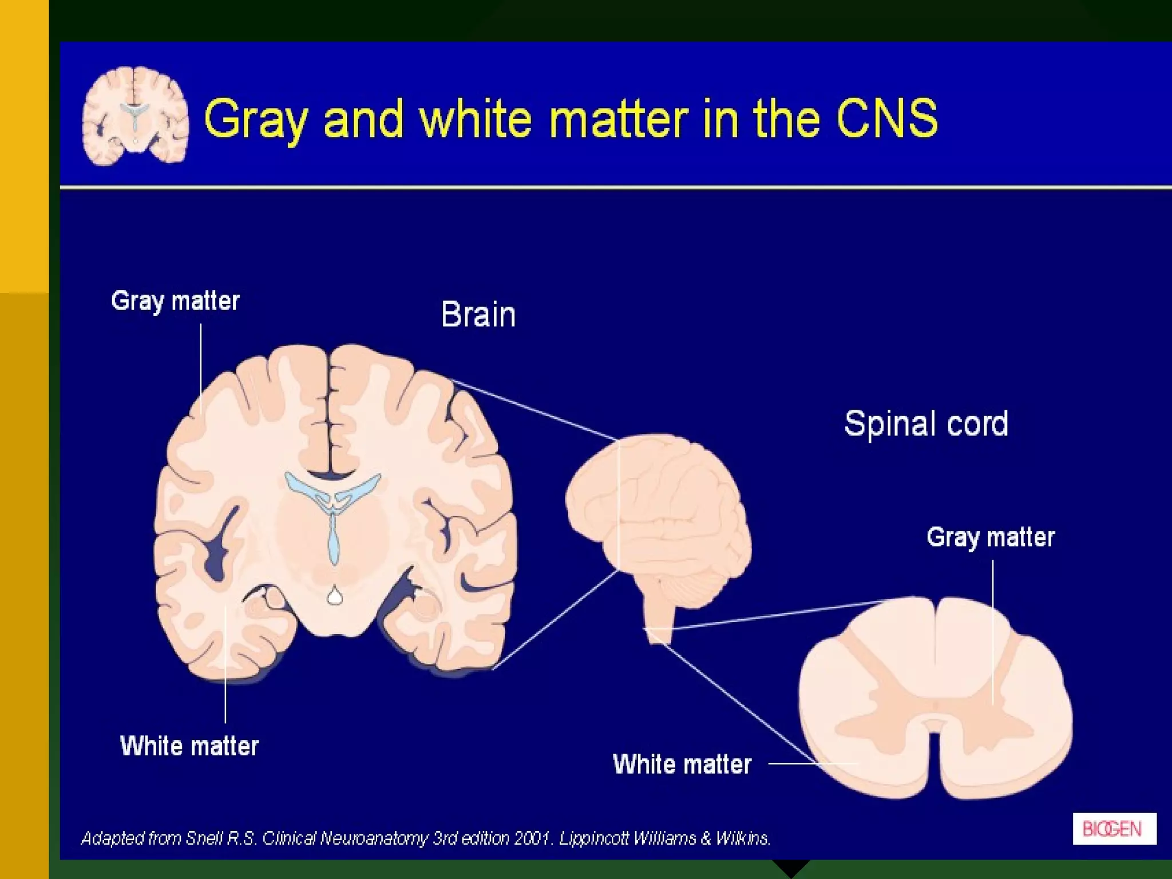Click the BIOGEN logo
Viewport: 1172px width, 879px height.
click(1114, 829)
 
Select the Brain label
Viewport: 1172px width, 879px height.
click(478, 315)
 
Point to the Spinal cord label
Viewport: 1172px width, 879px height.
click(926, 424)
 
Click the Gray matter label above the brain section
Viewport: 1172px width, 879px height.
click(175, 301)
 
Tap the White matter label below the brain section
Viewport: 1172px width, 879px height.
click(189, 746)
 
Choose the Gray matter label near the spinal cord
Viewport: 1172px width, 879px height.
click(991, 537)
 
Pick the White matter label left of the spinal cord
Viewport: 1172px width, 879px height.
click(682, 765)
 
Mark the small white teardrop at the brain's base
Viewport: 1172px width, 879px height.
click(335, 596)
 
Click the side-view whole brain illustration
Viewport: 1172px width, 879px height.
click(658, 515)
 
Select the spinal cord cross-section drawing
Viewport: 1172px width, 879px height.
click(935, 698)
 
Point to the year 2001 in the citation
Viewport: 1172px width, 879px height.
click(533, 838)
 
